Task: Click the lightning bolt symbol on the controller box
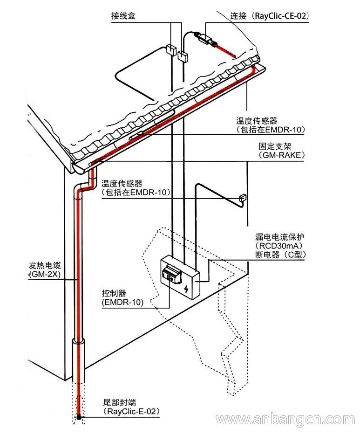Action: (187, 290)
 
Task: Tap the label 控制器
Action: (114, 293)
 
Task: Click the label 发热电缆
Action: (46, 266)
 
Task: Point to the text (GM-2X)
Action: (46, 275)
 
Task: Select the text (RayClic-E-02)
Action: (130, 412)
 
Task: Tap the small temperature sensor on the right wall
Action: (242, 198)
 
